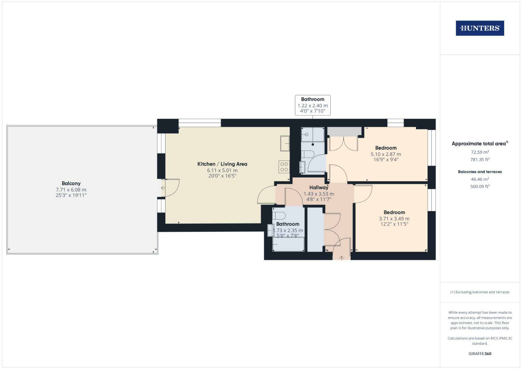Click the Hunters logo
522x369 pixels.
coord(480,28)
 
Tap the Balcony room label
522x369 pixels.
coord(71,183)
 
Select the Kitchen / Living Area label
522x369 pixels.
coord(222,164)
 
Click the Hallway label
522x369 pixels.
coord(319,188)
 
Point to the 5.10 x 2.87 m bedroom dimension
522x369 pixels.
coord(386,154)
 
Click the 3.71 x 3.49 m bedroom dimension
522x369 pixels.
coord(394,219)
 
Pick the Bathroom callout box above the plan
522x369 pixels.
coord(312,105)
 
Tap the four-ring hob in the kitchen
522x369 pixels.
coord(284,167)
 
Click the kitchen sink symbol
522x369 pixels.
coord(284,143)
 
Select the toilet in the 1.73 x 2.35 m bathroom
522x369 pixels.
coord(279,216)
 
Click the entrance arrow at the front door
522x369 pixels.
coord(342,258)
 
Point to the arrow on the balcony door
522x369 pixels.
coord(163,188)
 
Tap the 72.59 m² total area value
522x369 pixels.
coord(480,152)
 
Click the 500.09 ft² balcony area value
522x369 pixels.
coord(480,187)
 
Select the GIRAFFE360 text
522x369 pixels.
coord(480,354)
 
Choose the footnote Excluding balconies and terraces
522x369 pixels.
coord(480,292)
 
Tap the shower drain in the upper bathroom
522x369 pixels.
coord(313,145)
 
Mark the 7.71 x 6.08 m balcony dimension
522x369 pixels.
coord(71,190)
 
